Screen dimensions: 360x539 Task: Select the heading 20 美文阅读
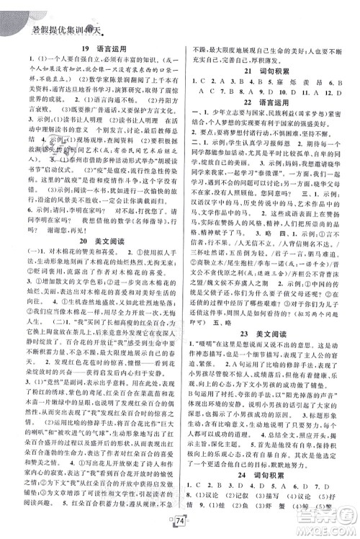[x=92, y=239]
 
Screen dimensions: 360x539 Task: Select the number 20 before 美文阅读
[x=75, y=239]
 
